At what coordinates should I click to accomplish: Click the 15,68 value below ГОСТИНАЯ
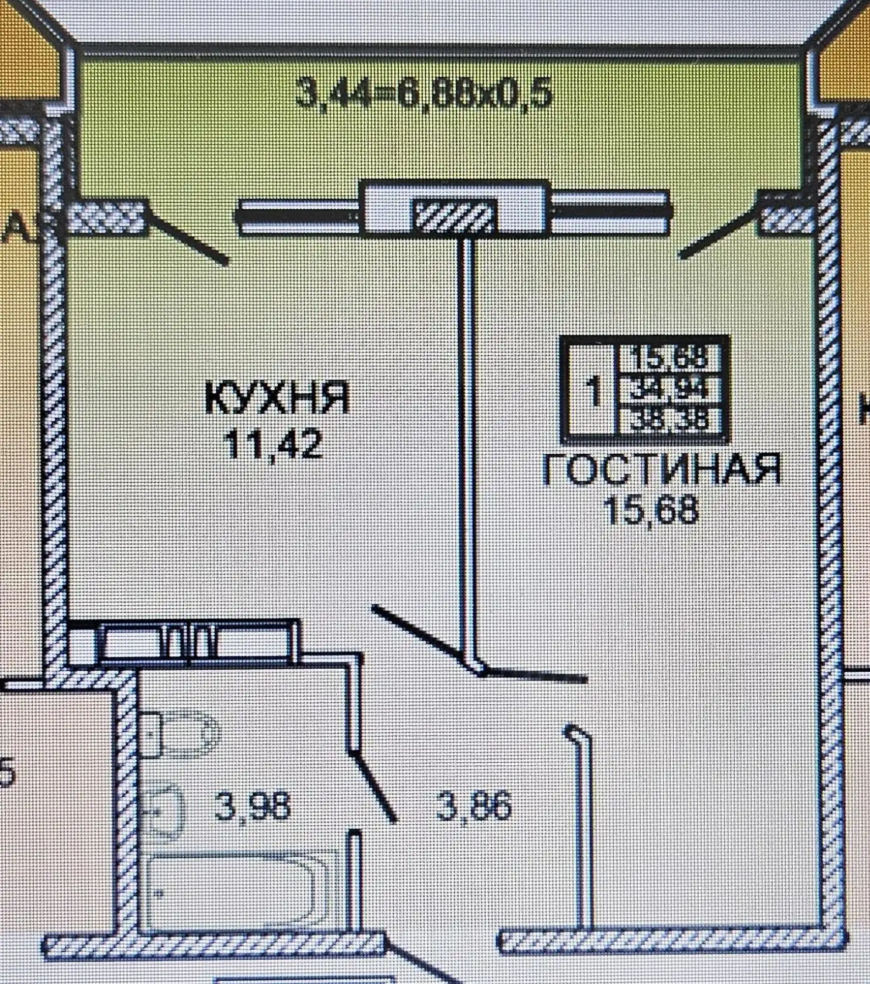(651, 511)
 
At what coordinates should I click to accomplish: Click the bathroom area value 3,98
(253, 807)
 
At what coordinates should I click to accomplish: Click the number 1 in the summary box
(594, 393)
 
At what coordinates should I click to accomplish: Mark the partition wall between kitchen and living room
(466, 436)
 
